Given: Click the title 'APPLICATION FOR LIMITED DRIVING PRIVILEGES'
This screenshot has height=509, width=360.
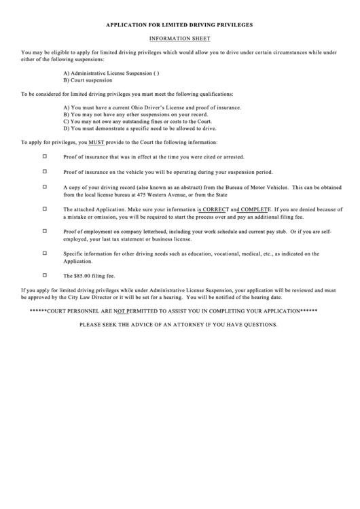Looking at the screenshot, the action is pyautogui.click(x=179, y=24).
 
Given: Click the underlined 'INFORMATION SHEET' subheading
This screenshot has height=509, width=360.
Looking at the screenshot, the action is pyautogui.click(x=179, y=39).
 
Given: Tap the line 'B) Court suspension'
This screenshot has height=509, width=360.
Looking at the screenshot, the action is pyautogui.click(x=88, y=80).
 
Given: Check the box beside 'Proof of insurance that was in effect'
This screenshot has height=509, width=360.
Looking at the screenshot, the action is pyautogui.click(x=46, y=156).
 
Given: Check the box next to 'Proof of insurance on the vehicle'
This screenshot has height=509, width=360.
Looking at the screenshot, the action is pyautogui.click(x=46, y=172).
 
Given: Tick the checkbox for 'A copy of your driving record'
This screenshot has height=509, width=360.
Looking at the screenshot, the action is pyautogui.click(x=46, y=187).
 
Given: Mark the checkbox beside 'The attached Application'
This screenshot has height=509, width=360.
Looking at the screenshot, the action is pyautogui.click(x=46, y=209).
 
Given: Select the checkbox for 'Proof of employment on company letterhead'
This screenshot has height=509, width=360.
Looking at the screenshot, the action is pyautogui.click(x=46, y=232).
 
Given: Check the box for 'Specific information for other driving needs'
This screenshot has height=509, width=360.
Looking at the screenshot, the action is pyautogui.click(x=46, y=253).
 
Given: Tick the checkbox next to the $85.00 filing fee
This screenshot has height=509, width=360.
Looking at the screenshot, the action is pyautogui.click(x=46, y=276).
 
